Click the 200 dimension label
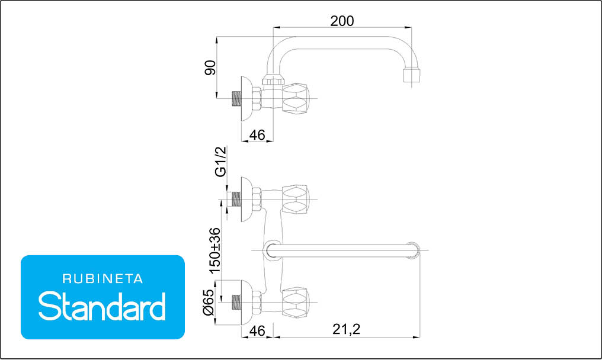[x=342, y=21]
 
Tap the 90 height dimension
[x=210, y=67]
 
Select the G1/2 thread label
[x=221, y=162]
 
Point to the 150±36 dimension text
[x=215, y=250]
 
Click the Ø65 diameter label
[x=208, y=303]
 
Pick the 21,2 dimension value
[x=346, y=329]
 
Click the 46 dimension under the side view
[x=257, y=135]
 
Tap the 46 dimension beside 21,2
[x=257, y=330]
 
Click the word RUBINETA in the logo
[x=103, y=279]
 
